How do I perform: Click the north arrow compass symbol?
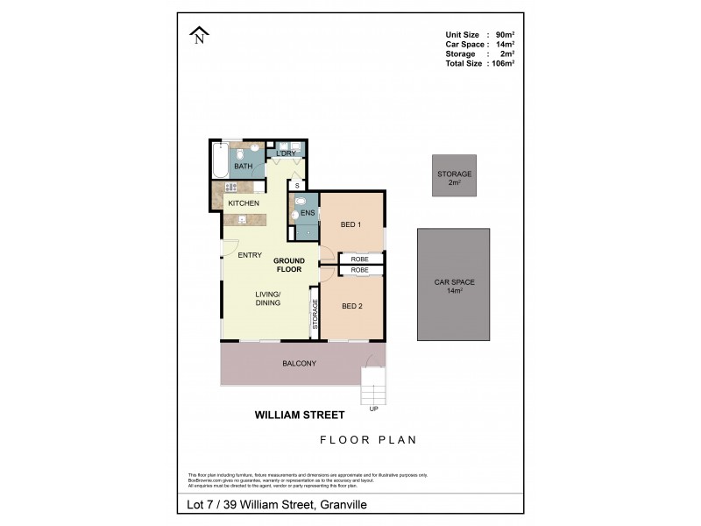point(200,35)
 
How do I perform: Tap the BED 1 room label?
point(351,225)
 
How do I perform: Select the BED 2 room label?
point(351,306)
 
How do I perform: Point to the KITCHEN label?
point(243,203)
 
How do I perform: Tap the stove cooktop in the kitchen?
point(231,187)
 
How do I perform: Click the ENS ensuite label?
point(308,213)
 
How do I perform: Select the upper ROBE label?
point(359,259)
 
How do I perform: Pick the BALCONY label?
point(299,363)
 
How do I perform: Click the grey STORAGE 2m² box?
point(454,178)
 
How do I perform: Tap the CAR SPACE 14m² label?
point(454,286)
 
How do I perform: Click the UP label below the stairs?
point(374,409)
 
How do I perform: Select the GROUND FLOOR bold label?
point(288,265)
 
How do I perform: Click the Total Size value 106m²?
point(502,64)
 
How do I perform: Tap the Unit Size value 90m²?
point(504,35)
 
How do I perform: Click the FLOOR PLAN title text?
point(368,440)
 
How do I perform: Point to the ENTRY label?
point(250,255)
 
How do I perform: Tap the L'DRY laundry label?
point(285,154)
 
